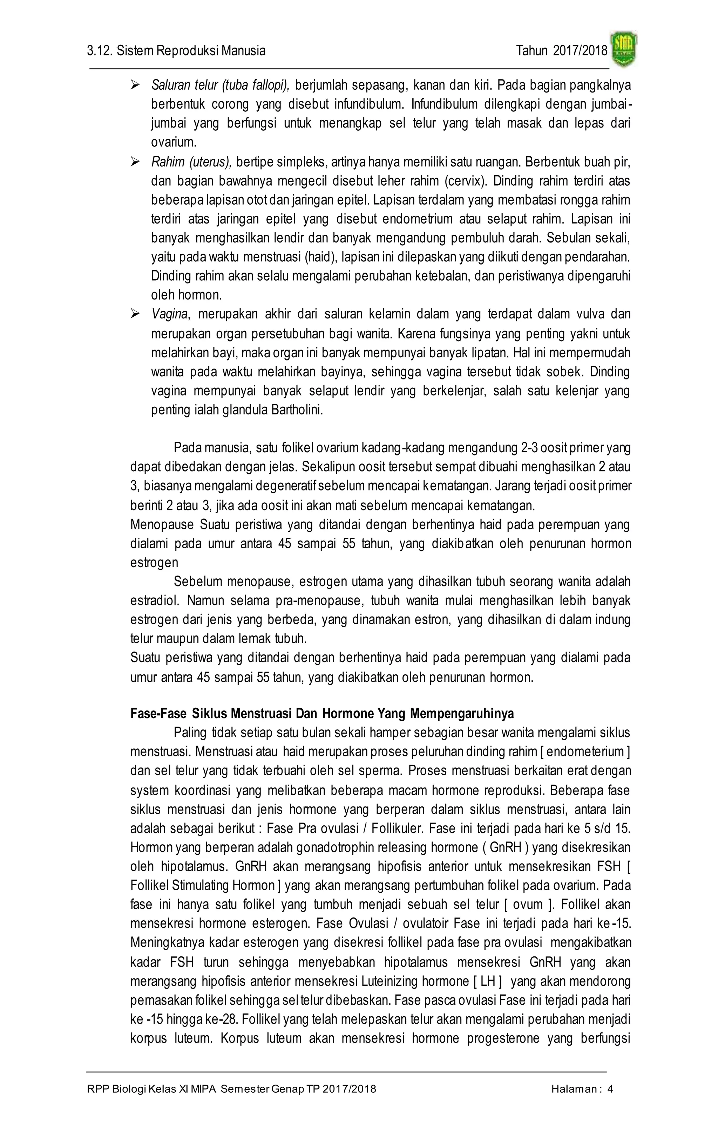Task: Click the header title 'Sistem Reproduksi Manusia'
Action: pyautogui.click(x=191, y=50)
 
